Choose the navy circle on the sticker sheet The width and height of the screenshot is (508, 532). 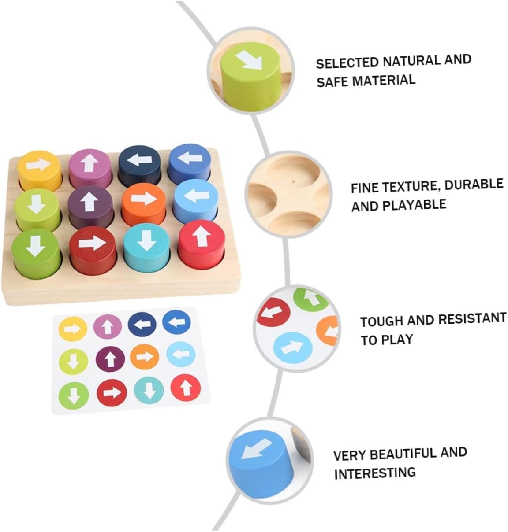coord(142,324)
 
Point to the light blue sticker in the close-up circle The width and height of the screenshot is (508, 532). coord(292,345)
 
